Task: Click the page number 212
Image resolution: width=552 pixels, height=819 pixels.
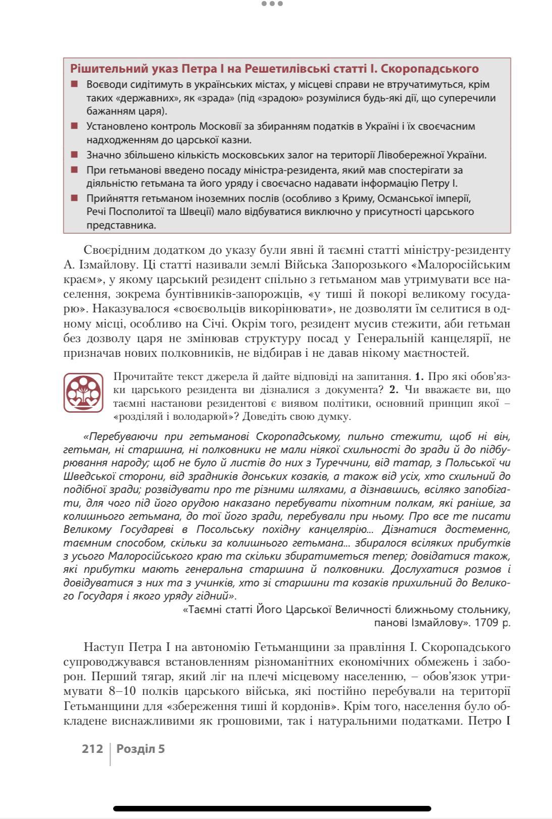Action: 92,748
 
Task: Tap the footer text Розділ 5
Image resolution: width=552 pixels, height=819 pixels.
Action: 140,748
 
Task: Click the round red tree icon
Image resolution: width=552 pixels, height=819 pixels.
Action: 83,393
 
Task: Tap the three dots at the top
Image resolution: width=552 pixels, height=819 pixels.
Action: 272,4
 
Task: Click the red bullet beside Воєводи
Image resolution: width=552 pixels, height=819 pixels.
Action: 75,83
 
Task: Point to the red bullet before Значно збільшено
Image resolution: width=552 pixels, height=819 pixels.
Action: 75,154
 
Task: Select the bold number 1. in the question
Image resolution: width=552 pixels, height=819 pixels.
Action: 419,376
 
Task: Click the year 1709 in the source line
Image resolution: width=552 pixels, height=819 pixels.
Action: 487,622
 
